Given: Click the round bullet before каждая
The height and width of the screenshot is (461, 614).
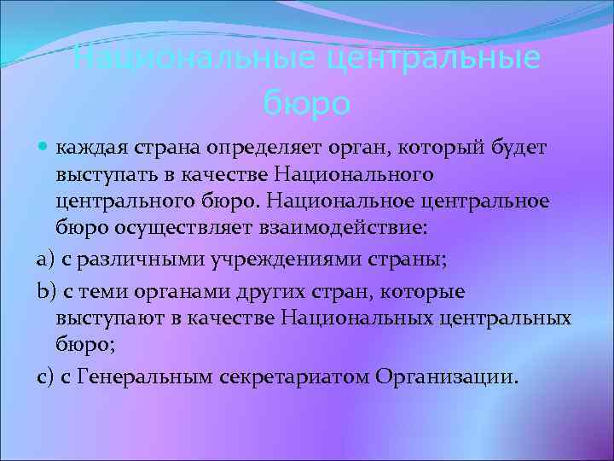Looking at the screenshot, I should (44, 149).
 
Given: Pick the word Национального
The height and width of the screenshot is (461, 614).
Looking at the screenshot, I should (355, 174).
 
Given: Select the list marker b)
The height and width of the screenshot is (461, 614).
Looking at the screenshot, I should (45, 291).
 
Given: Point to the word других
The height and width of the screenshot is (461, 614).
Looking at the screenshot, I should (271, 291).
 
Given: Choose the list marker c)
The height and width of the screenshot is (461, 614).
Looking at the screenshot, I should (45, 377).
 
